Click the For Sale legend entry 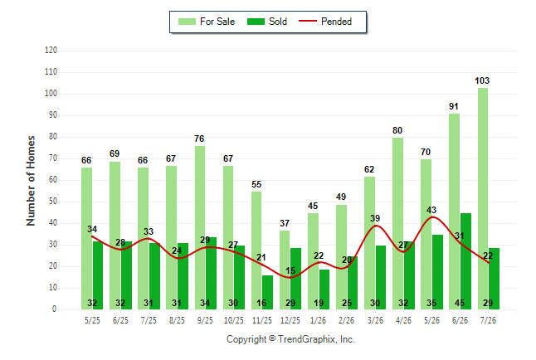[x=207, y=22]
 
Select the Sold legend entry [x=267, y=22]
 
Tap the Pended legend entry [x=325, y=22]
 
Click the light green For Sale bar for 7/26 [x=483, y=198]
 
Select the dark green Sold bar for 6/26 [x=465, y=261]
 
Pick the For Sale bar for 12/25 [x=285, y=270]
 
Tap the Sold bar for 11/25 [x=267, y=293]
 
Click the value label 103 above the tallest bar [x=482, y=80]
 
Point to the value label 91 [x=454, y=106]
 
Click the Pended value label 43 [x=431, y=210]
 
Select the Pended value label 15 [x=290, y=270]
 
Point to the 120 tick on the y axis [x=51, y=51]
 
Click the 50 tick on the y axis [x=53, y=202]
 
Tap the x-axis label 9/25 [x=205, y=320]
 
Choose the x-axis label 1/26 [x=319, y=320]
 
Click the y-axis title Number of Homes [x=31, y=181]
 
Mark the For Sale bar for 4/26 [x=398, y=224]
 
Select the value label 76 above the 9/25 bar [x=199, y=139]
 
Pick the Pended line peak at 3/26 [x=376, y=226]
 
